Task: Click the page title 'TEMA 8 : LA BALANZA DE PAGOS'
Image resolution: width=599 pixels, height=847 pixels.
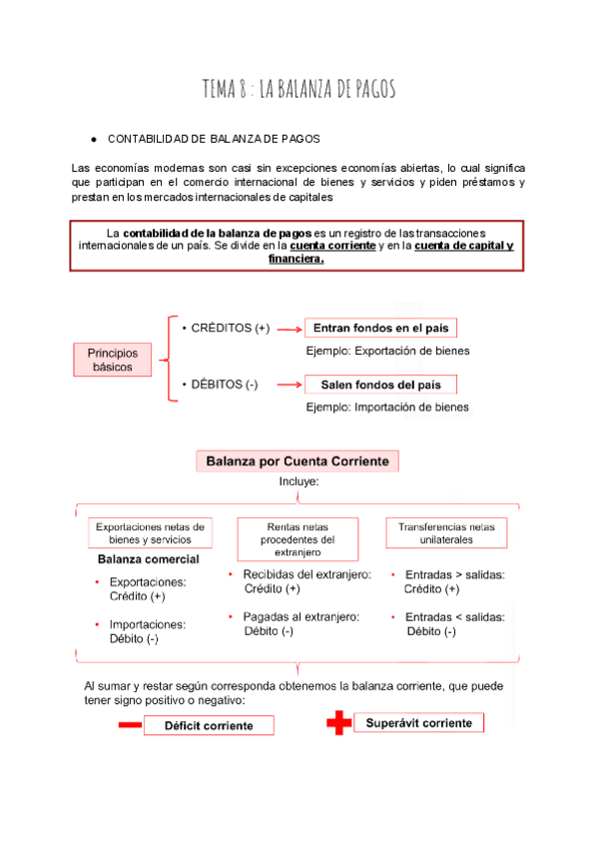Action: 299,90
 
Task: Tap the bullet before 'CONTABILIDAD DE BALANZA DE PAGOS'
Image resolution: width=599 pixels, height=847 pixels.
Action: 92,139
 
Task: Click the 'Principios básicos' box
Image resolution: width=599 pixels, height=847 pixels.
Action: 112,360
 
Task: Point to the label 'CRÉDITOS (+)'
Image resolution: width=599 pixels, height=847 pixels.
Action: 225,328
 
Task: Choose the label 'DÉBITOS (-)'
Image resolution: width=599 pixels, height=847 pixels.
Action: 219,385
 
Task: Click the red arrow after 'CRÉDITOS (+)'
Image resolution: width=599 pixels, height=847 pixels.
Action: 289,329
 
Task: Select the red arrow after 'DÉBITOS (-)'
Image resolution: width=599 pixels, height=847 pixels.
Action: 289,385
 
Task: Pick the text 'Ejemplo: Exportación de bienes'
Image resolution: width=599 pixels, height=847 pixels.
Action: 387,351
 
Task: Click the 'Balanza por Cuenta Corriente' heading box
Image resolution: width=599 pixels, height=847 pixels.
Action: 297,460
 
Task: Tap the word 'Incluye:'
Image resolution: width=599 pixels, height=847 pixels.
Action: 299,481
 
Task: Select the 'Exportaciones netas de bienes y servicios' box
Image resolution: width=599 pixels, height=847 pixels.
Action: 149,532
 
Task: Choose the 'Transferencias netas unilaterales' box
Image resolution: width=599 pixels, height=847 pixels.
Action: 446,532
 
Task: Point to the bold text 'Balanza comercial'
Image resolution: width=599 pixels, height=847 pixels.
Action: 148,559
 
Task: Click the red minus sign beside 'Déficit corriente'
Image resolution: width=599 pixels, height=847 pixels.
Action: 129,726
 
